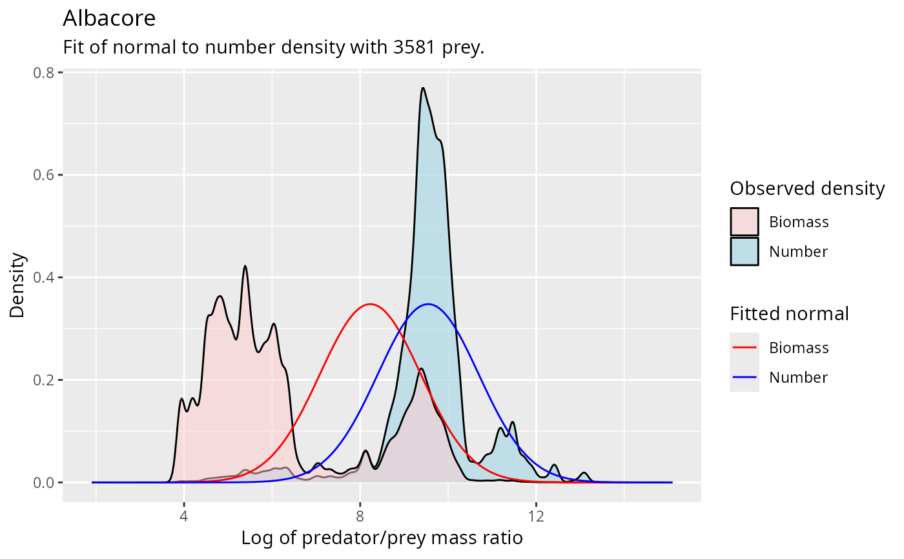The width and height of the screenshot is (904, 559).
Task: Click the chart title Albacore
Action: pos(108,19)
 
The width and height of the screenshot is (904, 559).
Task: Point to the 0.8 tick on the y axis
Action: pos(44,72)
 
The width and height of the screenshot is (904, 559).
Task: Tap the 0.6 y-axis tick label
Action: pos(44,175)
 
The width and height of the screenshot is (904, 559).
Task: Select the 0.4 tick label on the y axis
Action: pos(44,278)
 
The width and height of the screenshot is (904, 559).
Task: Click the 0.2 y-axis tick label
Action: pos(44,380)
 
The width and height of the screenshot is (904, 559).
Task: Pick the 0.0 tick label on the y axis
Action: pos(44,483)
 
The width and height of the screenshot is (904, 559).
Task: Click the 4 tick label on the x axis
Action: pos(184,517)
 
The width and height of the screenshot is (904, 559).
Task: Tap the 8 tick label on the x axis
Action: pos(360,517)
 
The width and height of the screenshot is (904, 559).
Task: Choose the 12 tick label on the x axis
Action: pos(536,517)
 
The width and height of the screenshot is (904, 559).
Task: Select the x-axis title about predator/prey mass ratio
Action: pos(382,538)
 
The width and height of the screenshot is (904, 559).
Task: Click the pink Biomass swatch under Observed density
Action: pos(745,222)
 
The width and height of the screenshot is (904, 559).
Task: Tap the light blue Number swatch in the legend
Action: pos(745,252)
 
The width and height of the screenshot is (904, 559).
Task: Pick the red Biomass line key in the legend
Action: pos(745,348)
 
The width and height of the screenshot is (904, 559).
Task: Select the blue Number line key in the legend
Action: pos(745,378)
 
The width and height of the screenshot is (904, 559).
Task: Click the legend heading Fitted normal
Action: pos(789,314)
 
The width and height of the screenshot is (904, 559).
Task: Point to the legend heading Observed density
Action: pos(807,188)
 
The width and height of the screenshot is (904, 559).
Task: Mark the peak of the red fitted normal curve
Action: pos(369,304)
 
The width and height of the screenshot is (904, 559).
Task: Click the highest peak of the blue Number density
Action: pos(422,88)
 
